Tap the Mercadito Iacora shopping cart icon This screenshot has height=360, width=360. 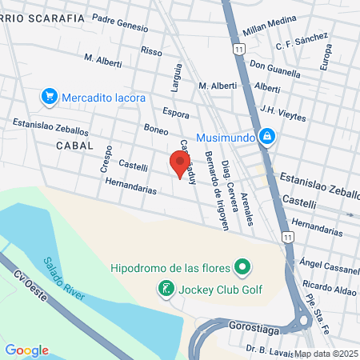(x=50, y=98)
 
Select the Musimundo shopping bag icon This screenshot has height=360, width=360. (x=267, y=137)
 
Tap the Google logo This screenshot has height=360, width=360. (x=26, y=350)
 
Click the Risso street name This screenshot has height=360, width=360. (x=150, y=50)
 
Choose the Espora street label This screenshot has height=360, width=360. (x=175, y=114)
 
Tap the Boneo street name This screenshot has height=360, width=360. (x=155, y=128)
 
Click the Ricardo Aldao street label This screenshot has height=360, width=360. (x=328, y=286)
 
